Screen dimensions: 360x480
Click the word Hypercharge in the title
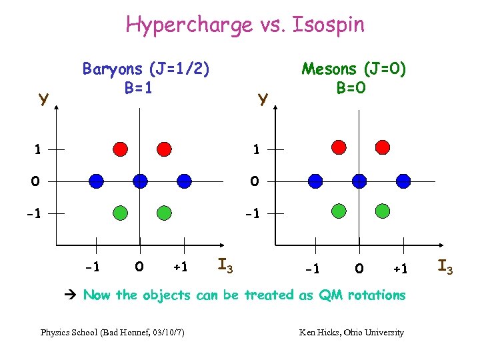point(176,25)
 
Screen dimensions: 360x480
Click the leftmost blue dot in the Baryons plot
point(96,181)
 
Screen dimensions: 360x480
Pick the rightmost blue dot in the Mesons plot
point(403,181)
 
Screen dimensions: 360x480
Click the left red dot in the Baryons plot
point(121,148)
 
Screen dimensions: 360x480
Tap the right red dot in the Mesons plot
point(382,147)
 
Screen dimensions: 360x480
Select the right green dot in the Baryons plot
point(163,213)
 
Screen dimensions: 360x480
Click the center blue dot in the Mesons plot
point(359,181)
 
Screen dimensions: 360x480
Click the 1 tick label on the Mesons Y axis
point(256,150)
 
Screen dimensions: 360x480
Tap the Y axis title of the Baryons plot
point(43,100)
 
